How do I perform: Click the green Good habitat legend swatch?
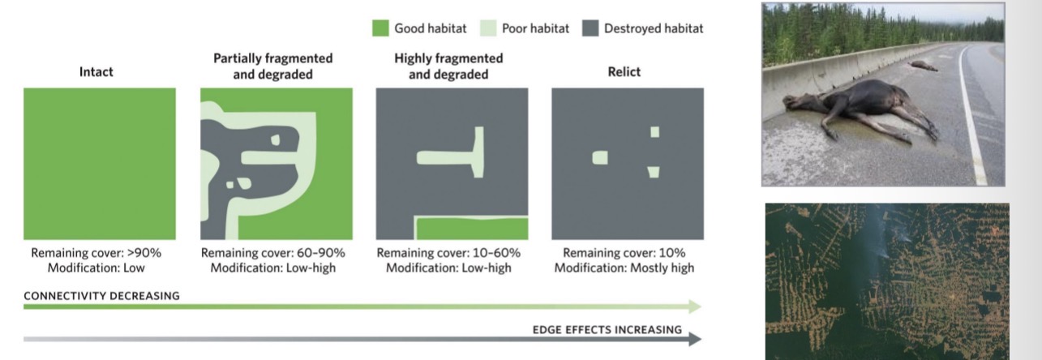(x=380, y=28)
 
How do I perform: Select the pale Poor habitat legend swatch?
(x=490, y=28)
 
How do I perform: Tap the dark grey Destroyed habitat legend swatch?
(x=590, y=28)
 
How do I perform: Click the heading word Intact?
(x=96, y=71)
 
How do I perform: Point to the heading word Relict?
(x=624, y=71)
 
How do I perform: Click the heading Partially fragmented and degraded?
(x=272, y=66)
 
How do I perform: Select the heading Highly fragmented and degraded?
(x=448, y=66)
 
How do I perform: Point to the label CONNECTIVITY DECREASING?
(x=101, y=296)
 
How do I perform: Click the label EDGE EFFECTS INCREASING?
(x=607, y=330)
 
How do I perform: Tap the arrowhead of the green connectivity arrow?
(x=694, y=306)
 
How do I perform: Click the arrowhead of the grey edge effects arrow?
(x=694, y=339)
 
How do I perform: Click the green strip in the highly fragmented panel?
(x=470, y=229)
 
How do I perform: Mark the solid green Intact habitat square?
(x=99, y=163)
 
